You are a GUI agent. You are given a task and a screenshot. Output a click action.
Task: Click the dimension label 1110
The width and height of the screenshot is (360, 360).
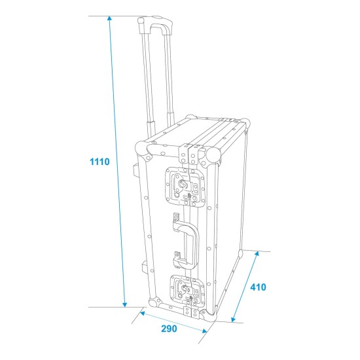(x=99, y=162)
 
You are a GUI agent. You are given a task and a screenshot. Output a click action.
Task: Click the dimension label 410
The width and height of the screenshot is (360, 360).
(x=259, y=287)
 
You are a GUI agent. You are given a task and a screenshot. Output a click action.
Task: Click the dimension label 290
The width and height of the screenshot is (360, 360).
(x=169, y=329)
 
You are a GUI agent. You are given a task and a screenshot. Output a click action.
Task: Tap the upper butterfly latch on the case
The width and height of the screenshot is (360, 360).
(x=185, y=187)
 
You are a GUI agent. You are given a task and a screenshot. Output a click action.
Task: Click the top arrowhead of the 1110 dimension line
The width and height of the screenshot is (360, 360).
(x=110, y=18)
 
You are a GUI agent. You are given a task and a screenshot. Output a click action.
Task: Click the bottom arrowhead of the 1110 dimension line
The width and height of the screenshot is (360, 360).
(x=124, y=304)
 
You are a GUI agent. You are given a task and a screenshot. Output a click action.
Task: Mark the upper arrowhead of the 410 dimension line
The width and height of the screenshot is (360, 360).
(x=257, y=253)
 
